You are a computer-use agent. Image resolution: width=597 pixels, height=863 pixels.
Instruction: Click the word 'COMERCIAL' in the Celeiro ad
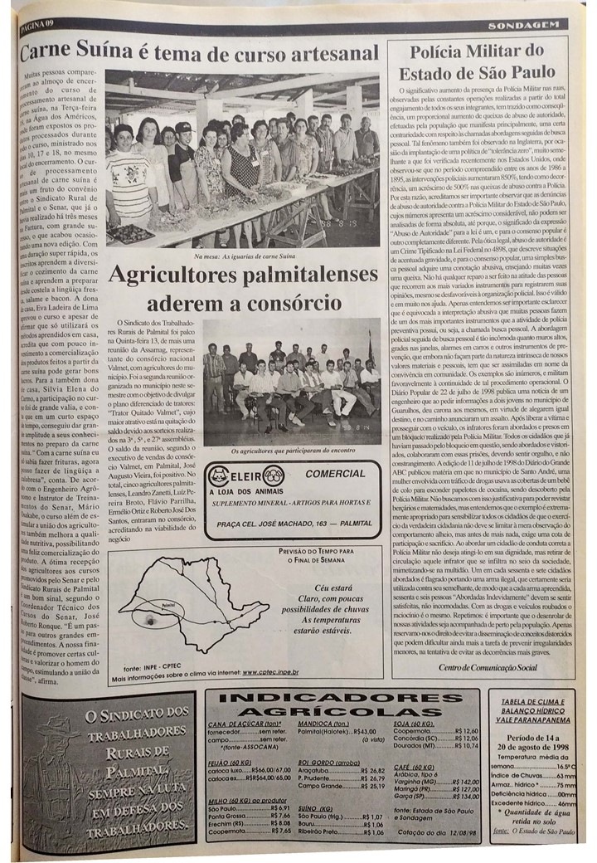(329, 475)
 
